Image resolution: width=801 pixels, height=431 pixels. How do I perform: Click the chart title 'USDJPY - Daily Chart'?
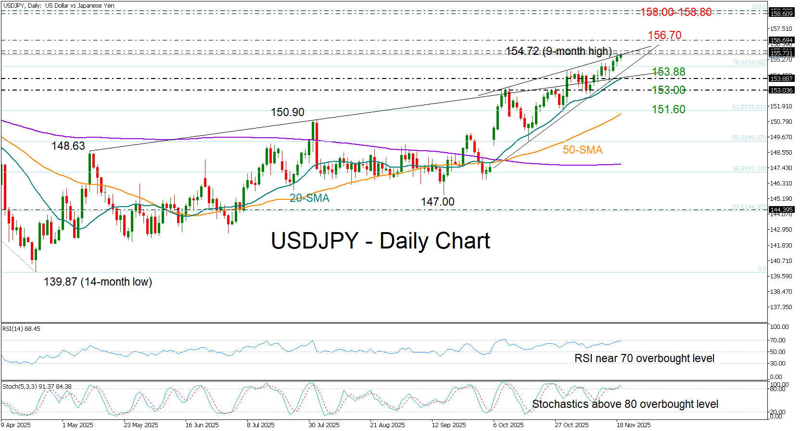(380, 241)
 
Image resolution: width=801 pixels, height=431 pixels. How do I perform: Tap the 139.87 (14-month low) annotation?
(98, 282)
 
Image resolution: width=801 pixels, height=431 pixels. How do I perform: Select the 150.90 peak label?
(287, 112)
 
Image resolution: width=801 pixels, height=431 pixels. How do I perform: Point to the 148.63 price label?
(68, 146)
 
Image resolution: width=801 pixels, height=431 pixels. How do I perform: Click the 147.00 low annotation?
(437, 202)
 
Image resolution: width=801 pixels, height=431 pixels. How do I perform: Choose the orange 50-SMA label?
(583, 150)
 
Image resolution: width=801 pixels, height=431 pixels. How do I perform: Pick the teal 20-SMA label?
(309, 198)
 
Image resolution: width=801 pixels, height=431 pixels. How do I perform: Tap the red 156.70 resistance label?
(664, 35)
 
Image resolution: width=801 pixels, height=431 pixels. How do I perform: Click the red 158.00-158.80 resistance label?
(675, 12)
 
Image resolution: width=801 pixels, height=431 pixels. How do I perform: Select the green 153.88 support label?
(668, 72)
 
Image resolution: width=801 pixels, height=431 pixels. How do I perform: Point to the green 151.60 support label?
(668, 109)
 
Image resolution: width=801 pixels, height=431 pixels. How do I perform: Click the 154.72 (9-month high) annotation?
(559, 51)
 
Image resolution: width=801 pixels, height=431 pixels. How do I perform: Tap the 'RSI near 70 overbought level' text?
(644, 358)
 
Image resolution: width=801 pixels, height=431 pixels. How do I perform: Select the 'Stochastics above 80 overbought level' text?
(625, 404)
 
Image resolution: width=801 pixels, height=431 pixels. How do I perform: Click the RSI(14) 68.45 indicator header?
(22, 329)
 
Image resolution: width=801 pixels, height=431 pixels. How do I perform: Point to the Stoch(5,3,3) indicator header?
(37, 386)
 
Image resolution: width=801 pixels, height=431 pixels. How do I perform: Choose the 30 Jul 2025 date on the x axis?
(324, 425)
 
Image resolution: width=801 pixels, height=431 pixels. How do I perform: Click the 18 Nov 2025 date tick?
(634, 425)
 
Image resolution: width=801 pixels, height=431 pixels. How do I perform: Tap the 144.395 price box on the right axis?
(781, 209)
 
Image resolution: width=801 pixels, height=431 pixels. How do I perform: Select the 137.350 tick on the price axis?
(781, 307)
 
